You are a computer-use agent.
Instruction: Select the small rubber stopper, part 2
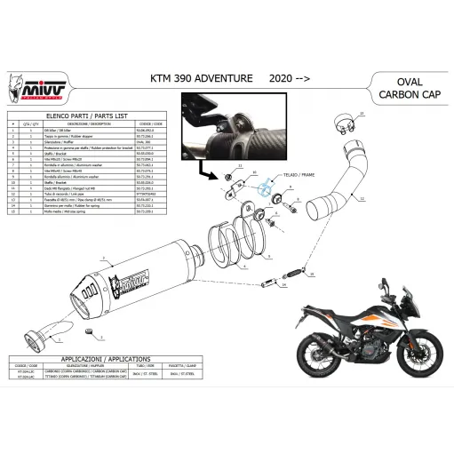pos(91,331)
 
